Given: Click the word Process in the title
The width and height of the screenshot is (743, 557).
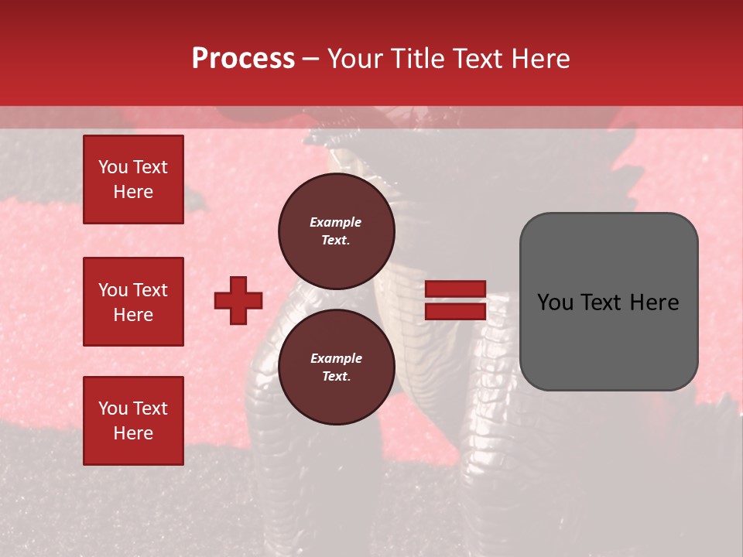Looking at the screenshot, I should [243, 59].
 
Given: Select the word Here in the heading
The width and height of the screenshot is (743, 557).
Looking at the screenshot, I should [539, 59].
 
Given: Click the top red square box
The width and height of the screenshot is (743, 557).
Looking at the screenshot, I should [133, 179].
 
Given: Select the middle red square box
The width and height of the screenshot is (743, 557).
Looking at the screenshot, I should [133, 302].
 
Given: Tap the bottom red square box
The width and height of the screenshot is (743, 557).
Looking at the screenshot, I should [133, 421].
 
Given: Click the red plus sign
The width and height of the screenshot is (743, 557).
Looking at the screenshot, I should [238, 300].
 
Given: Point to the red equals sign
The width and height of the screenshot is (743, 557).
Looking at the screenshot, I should [455, 300].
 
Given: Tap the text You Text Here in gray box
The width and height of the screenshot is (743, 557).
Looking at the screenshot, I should [608, 302].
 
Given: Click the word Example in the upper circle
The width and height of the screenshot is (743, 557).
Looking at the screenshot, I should [336, 222].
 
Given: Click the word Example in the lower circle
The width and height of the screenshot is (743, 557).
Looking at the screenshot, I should [336, 358].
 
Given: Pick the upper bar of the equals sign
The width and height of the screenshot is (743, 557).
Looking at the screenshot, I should [455, 289].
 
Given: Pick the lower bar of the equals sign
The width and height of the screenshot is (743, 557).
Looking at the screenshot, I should [455, 311].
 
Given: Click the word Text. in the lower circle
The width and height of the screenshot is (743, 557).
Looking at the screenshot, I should [336, 377].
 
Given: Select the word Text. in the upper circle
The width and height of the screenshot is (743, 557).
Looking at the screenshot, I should [336, 241].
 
